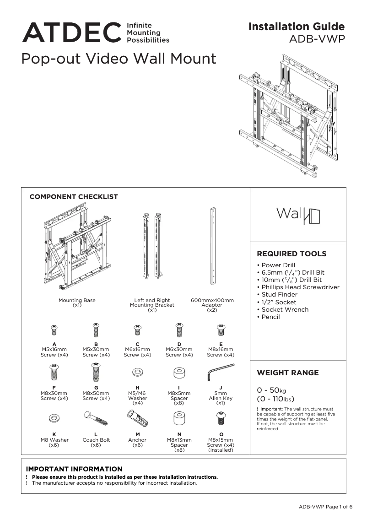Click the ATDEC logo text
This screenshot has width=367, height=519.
pos(72,32)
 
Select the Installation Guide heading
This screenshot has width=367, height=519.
pos(296,27)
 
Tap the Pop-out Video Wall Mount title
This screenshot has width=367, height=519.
pos(119,59)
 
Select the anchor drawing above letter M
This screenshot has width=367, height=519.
pos(137,418)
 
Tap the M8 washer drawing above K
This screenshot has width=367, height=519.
pos(54,418)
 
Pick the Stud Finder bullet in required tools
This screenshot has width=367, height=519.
pos(279,295)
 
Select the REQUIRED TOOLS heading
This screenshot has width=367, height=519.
pos(291,254)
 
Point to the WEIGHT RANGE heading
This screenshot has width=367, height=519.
pos(287,373)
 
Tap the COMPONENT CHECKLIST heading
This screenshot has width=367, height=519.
pos(74,197)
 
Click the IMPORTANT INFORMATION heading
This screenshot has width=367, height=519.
pos(74,469)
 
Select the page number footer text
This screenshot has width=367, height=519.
pos(325,507)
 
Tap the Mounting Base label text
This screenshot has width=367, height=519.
pos(77,300)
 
